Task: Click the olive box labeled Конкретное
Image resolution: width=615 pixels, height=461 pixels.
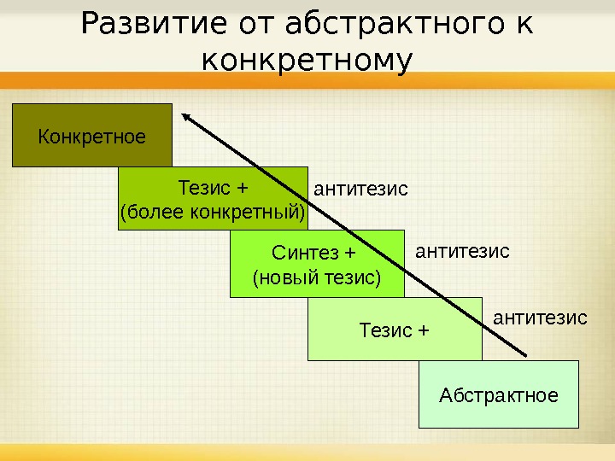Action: click(x=91, y=136)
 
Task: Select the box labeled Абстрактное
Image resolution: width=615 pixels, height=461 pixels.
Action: click(x=499, y=395)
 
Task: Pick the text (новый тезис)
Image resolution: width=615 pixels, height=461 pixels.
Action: click(x=317, y=277)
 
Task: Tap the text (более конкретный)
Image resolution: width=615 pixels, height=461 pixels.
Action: click(x=213, y=211)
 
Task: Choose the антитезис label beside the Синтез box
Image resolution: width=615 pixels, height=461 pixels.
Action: click(x=462, y=251)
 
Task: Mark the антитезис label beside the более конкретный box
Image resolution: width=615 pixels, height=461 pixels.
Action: click(x=361, y=188)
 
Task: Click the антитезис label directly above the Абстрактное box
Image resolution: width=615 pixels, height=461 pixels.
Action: click(x=541, y=318)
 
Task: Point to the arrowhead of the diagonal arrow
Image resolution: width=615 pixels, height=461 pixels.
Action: click(x=185, y=117)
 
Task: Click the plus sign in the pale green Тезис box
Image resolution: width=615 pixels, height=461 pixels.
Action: click(x=422, y=330)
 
